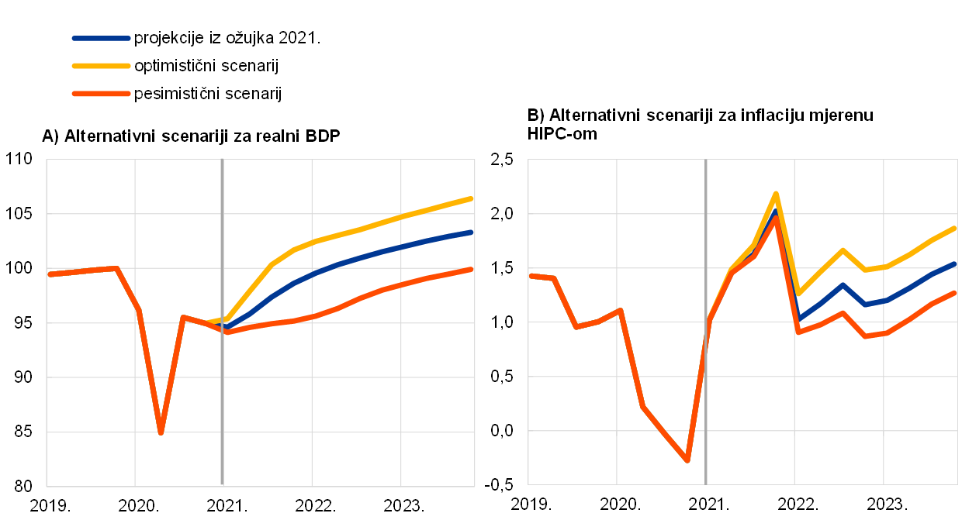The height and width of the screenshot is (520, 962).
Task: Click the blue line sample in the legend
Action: (101, 38)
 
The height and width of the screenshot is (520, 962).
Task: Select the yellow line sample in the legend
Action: (101, 66)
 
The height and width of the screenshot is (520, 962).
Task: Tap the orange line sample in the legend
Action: (101, 94)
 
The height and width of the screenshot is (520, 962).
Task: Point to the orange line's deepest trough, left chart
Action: (161, 432)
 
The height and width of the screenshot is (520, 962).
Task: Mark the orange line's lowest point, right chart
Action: (687, 460)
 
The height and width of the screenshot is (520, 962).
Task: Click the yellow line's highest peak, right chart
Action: (776, 194)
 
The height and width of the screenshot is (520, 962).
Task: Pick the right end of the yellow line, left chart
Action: (472, 198)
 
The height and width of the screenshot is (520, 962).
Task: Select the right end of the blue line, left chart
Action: (472, 232)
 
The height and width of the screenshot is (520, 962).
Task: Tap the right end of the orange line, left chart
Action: (472, 270)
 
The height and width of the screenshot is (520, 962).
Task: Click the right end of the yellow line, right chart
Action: (954, 229)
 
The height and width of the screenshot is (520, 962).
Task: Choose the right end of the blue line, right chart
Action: (954, 264)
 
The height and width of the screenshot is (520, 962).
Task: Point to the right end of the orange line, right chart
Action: (954, 293)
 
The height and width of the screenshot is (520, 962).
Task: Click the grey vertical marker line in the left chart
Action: (223, 387)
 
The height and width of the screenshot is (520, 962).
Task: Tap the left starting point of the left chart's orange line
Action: (50, 274)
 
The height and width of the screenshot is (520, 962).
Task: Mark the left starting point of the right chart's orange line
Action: (531, 275)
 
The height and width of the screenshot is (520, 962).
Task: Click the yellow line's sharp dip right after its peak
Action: (798, 294)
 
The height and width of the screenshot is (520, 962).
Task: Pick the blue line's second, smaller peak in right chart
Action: (843, 284)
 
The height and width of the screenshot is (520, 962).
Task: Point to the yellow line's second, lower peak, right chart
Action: (843, 250)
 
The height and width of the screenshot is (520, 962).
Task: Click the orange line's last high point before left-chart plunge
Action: (116, 268)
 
